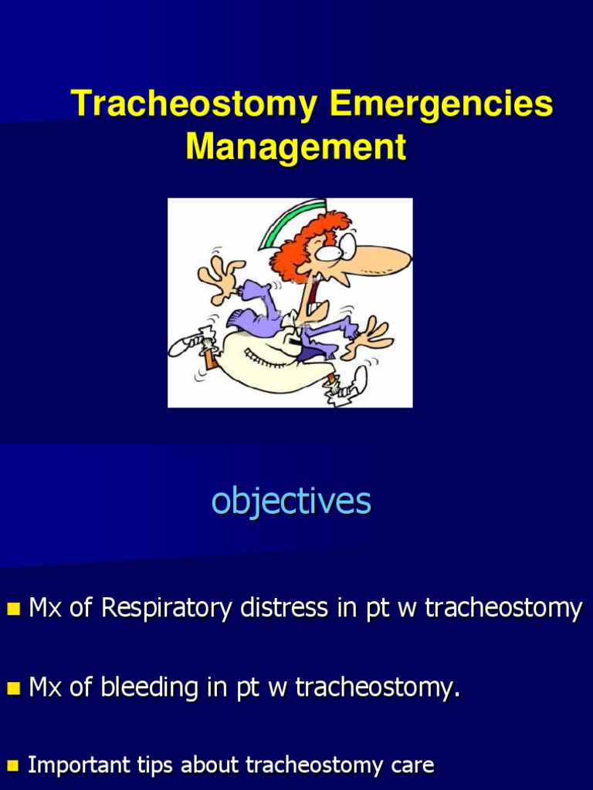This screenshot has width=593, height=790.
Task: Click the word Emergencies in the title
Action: point(441,106)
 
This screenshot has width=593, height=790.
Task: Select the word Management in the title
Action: point(296,146)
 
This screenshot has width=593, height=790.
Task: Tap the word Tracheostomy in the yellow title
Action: point(193,106)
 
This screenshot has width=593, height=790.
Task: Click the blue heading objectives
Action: point(292,501)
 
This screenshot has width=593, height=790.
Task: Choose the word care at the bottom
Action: point(412,765)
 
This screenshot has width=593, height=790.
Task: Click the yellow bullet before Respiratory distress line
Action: point(12,609)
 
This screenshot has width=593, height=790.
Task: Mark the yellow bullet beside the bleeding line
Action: point(12,688)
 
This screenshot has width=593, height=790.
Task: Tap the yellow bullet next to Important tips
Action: point(12,766)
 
